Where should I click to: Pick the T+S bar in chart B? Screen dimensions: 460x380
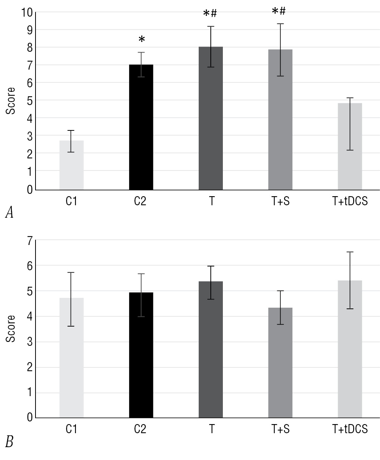click(x=280, y=362)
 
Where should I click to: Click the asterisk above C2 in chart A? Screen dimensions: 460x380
click(x=141, y=40)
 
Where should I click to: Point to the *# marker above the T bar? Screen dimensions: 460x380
click(x=210, y=14)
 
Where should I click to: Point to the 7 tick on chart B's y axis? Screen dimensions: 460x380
click(x=29, y=240)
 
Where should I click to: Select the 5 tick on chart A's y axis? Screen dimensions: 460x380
click(x=29, y=100)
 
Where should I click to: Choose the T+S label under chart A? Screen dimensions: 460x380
click(x=280, y=201)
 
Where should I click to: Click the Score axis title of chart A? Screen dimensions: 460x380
click(x=12, y=101)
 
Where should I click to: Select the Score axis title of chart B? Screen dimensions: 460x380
click(x=12, y=328)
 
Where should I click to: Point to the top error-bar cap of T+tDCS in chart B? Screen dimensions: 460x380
click(x=350, y=252)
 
